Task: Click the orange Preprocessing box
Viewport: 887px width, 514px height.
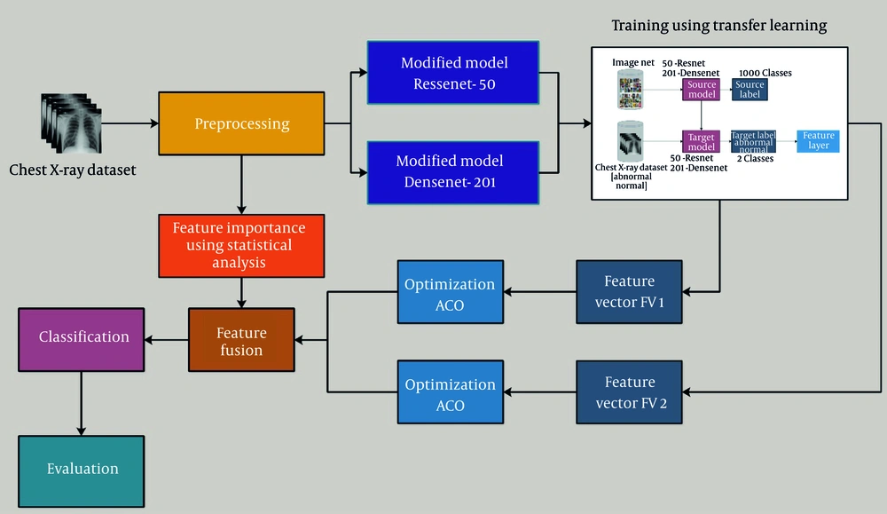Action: click(241, 123)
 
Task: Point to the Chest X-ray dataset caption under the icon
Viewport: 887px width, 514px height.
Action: click(73, 169)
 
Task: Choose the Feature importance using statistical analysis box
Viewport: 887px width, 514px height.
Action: click(239, 244)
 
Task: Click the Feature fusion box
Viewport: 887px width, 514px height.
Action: click(241, 342)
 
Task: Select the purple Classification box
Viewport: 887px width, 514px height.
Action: click(82, 337)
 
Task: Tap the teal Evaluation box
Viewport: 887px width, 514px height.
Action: click(82, 468)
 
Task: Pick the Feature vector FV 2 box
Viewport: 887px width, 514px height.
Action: click(629, 391)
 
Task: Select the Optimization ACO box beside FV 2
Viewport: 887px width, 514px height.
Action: click(450, 395)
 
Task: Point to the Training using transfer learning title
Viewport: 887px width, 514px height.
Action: click(718, 26)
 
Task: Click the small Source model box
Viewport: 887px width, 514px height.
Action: click(701, 91)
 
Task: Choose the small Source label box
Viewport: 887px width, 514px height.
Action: click(750, 91)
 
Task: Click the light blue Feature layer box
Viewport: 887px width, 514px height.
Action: click(818, 141)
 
